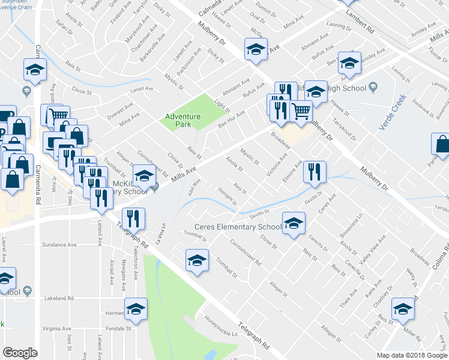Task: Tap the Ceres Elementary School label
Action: pyautogui.click(x=237, y=227)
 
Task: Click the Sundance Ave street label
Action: pyautogui.click(x=59, y=245)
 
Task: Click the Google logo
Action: pyautogui.click(x=20, y=353)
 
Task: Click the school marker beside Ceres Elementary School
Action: pyautogui.click(x=293, y=224)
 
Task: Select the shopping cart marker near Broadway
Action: pyautogui.click(x=301, y=111)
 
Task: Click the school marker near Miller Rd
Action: pyautogui.click(x=402, y=308)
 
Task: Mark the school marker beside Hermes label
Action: pyautogui.click(x=136, y=308)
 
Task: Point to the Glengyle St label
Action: pyautogui.click(x=226, y=198)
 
